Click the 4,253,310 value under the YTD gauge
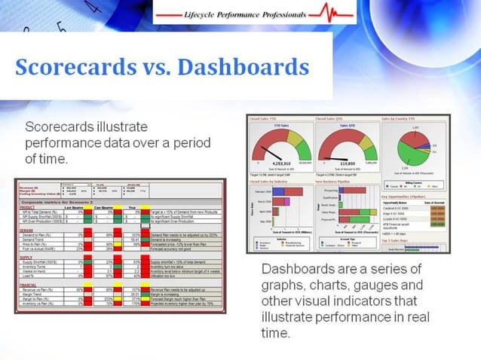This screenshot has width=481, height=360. [280, 163]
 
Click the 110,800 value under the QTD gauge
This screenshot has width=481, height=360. [348, 163]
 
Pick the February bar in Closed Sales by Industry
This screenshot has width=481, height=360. [282, 193]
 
